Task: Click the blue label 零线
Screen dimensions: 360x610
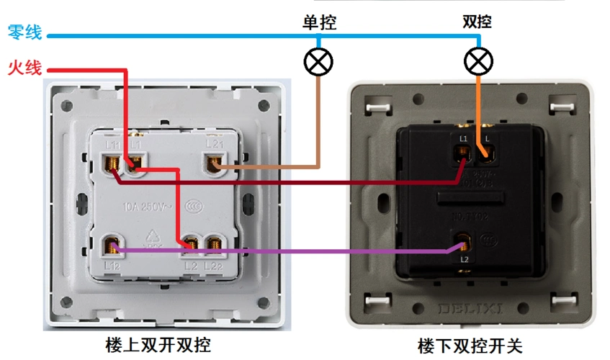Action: pyautogui.click(x=24, y=32)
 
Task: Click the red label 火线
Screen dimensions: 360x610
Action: pyautogui.click(x=24, y=68)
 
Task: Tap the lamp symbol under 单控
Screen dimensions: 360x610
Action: pyautogui.click(x=318, y=62)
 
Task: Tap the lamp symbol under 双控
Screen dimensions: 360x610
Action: pyautogui.click(x=477, y=62)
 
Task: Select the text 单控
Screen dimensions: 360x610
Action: pyautogui.click(x=318, y=22)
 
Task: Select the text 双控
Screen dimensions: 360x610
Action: pyautogui.click(x=477, y=22)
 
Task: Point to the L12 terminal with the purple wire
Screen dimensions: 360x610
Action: pyautogui.click(x=112, y=247)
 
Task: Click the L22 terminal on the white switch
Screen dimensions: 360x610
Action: pyautogui.click(x=214, y=247)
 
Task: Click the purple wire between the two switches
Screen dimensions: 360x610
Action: pyautogui.click(x=324, y=251)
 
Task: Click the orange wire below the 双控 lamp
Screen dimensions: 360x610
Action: pyautogui.click(x=477, y=108)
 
